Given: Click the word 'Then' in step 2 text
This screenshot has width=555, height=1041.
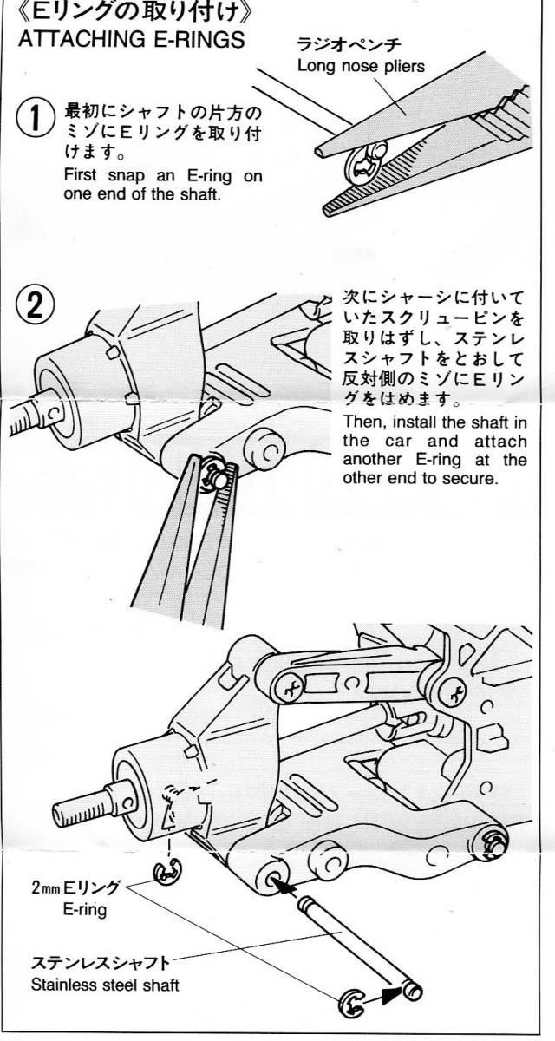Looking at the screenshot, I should tap(361, 422).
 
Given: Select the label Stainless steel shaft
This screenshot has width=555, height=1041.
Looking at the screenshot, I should tap(106, 985).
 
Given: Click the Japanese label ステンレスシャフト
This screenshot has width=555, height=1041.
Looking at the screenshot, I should tap(100, 964).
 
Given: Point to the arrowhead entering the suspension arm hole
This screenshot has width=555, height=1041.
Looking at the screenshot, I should tap(286, 886).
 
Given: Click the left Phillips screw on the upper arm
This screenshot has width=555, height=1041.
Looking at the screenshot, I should tap(290, 690).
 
